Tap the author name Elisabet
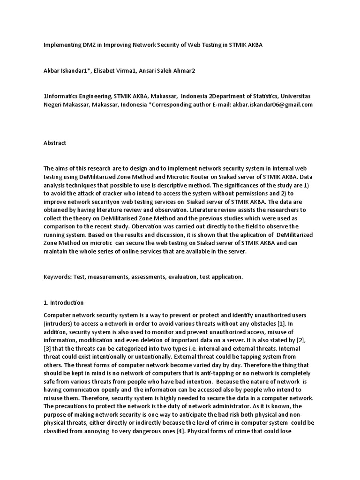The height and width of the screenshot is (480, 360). click(109, 71)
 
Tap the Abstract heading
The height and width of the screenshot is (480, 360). click(55, 143)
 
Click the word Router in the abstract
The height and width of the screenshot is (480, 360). click(212, 178)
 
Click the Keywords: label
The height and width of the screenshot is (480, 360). click(57, 277)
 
